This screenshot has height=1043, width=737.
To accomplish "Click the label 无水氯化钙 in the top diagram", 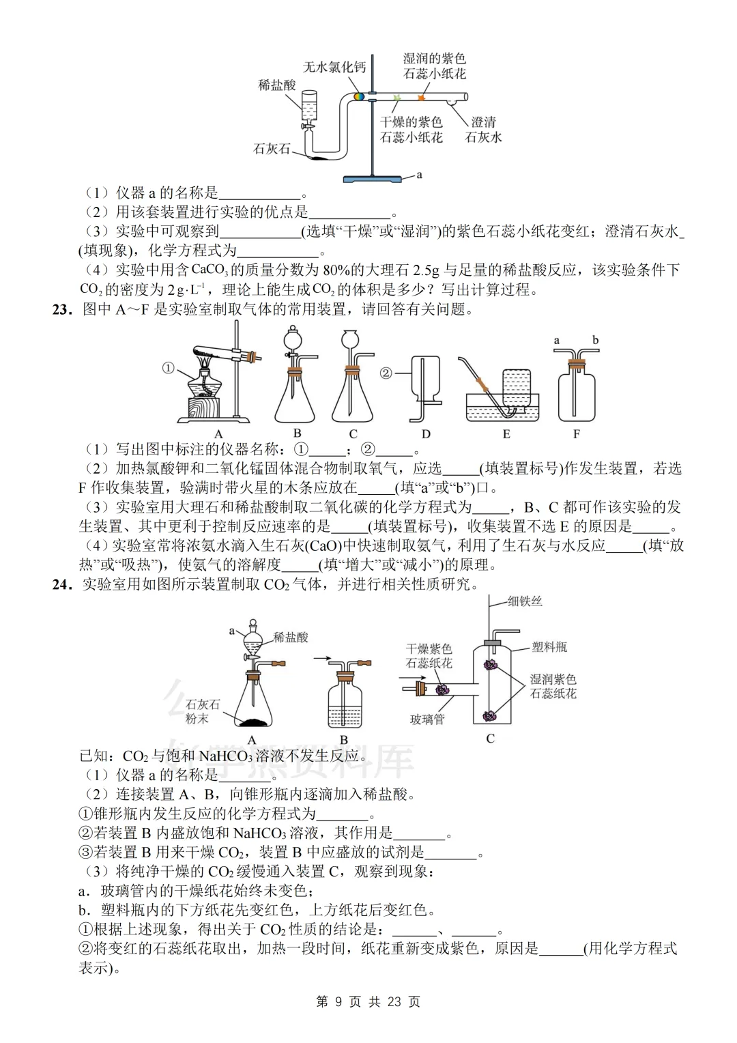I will (334, 67).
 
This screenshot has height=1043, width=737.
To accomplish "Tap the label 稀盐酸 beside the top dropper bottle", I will (277, 85).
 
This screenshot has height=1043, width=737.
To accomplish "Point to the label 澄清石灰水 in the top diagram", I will (484, 130).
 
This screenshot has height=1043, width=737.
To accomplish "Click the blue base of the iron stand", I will (371, 179).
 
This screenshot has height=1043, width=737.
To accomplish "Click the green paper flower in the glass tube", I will (396, 100).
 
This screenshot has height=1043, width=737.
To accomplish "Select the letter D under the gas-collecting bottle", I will (426, 434).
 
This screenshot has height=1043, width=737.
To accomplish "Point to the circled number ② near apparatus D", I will (386, 373).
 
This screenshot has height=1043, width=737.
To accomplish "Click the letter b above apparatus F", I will (595, 340).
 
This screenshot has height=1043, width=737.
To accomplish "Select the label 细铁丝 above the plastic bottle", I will (525, 601).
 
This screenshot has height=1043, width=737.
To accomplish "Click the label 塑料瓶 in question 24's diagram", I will (549, 646).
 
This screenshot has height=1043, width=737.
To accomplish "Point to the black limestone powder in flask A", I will (252, 721).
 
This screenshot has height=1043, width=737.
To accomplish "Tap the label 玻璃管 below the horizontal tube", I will (427, 719).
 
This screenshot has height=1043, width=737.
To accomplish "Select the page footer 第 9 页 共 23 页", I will (369, 1002).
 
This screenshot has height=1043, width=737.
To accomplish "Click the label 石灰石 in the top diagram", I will (272, 149).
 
